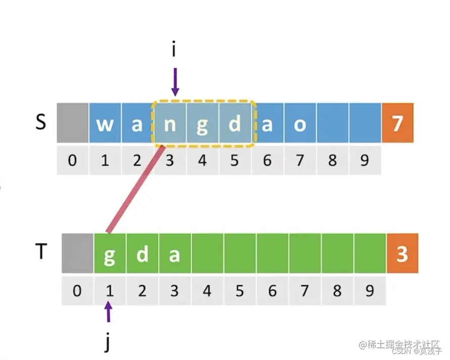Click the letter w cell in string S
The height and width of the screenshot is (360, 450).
pos(105,123)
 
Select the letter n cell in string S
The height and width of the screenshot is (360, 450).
pos(170,123)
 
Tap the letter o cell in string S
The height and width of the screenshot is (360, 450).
pos(299,123)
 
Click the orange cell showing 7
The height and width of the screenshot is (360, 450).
pos(397,123)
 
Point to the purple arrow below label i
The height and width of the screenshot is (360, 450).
pos(175,82)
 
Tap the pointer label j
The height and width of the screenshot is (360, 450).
pos(107,342)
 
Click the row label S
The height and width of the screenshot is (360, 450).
pos(41,123)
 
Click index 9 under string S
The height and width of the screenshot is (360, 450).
pos(364,161)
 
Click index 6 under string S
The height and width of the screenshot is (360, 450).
pos(267,161)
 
